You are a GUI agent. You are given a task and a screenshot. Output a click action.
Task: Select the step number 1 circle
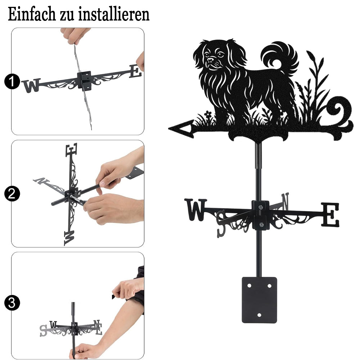[x=12, y=81]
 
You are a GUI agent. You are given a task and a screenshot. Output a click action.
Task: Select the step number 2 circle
[x=12, y=194]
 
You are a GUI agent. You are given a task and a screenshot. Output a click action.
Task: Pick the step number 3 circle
[x=12, y=303]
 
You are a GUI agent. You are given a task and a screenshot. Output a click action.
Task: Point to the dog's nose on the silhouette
[x=210, y=60]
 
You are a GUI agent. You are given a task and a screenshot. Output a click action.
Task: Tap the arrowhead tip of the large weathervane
[x=169, y=129]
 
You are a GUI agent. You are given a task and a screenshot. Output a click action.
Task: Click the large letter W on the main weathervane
[x=195, y=210]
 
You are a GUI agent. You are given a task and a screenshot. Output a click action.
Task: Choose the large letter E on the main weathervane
[x=330, y=215]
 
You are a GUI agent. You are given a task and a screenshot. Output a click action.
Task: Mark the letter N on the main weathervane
[x=285, y=201]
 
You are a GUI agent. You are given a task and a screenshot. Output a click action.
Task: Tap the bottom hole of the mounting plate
[x=259, y=315]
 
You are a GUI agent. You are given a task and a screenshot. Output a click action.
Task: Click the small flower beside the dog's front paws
[x=208, y=114]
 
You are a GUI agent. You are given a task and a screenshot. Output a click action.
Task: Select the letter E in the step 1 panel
[x=135, y=71]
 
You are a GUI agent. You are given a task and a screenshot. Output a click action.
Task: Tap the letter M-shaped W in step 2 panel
[x=69, y=238]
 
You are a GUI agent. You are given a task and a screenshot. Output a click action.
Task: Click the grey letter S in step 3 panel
[x=43, y=330]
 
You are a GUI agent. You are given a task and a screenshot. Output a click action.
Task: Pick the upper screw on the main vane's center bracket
[x=260, y=208]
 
